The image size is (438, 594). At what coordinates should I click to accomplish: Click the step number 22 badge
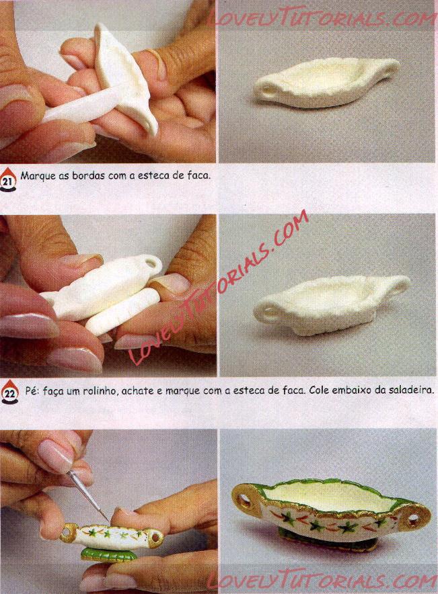pos(10,392)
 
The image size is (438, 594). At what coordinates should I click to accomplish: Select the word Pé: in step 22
pos(32,390)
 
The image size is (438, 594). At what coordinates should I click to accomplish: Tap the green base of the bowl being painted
pos(104,554)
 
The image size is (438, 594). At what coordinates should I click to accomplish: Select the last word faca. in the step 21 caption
pos(198,176)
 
